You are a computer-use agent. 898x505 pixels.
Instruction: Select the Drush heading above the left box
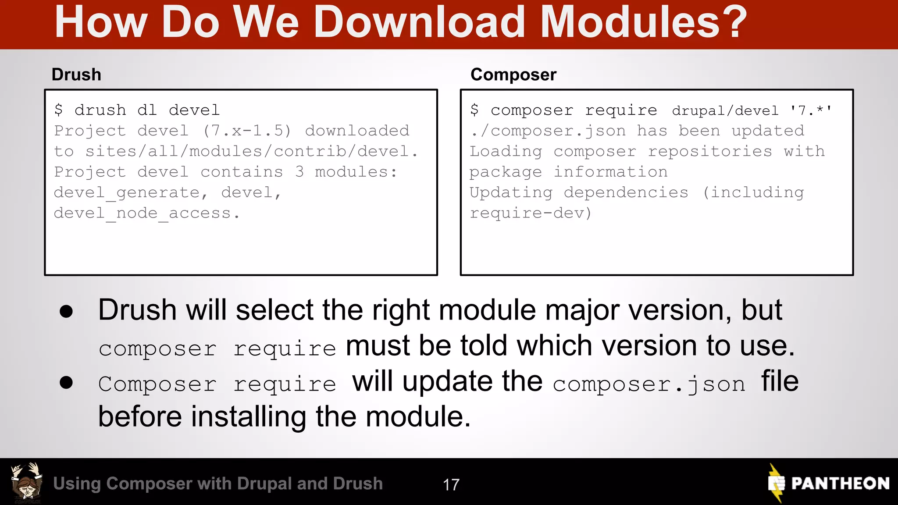pyautogui.click(x=76, y=75)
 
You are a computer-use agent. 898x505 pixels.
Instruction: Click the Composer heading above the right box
pyautogui.click(x=513, y=75)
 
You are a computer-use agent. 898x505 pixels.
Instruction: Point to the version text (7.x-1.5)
pyautogui.click(x=247, y=131)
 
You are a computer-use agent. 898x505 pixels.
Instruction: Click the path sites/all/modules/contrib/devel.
pyautogui.click(x=251, y=151)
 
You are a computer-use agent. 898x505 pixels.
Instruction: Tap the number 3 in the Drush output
pyautogui.click(x=299, y=172)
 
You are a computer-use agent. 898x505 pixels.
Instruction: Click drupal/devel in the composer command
pyautogui.click(x=725, y=110)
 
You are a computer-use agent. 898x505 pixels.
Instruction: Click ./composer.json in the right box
pyautogui.click(x=548, y=131)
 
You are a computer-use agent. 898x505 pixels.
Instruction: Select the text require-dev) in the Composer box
pyautogui.click(x=531, y=213)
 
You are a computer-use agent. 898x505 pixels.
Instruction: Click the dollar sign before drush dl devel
pyautogui.click(x=58, y=110)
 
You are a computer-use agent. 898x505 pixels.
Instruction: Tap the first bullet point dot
pyautogui.click(x=66, y=311)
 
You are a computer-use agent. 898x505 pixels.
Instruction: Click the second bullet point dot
pyautogui.click(x=66, y=382)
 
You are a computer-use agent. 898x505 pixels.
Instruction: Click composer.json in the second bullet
pyautogui.click(x=649, y=384)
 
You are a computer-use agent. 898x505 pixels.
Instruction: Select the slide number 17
pyautogui.click(x=451, y=485)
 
